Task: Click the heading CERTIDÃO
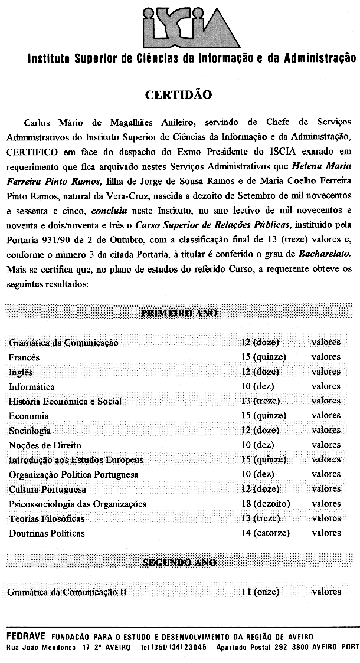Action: tap(179, 95)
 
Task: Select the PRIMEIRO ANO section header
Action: tap(179, 312)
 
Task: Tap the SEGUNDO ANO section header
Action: tap(179, 562)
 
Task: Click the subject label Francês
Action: tap(24, 357)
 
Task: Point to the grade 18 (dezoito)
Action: tap(266, 504)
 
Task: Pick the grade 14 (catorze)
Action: tap(266, 533)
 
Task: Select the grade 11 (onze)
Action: tap(260, 592)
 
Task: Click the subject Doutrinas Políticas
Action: tap(47, 533)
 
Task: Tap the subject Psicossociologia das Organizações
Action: tap(77, 504)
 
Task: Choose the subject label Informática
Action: tap(32, 386)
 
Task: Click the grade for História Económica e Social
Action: tap(261, 401)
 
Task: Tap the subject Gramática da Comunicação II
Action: tap(67, 592)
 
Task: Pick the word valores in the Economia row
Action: tap(326, 416)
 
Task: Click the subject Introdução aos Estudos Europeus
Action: tap(76, 459)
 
